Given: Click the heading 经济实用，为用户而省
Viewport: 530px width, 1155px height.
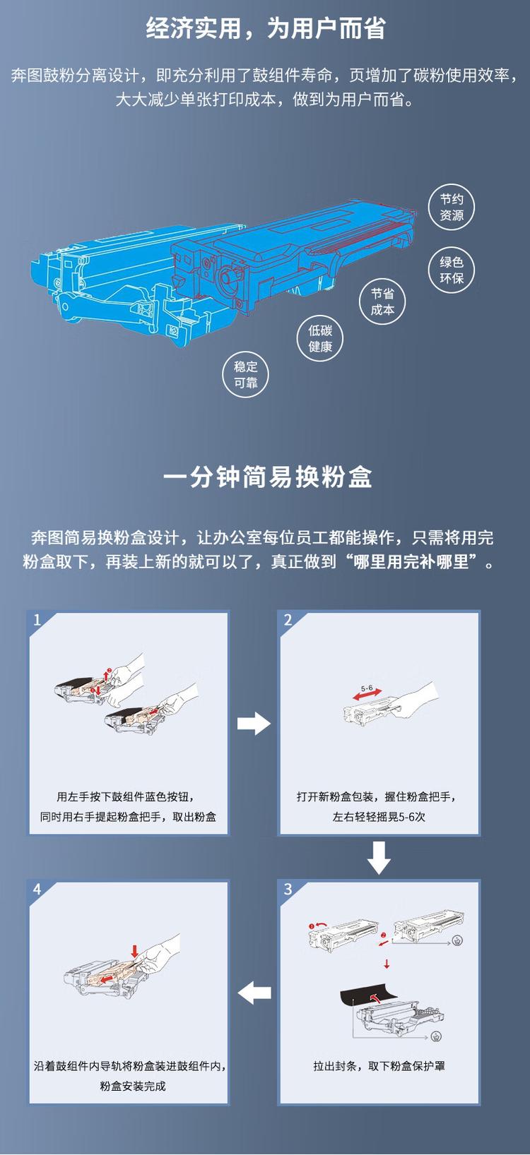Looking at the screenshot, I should click(x=265, y=30).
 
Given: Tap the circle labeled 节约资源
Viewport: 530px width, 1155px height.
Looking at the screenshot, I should click(x=452, y=208).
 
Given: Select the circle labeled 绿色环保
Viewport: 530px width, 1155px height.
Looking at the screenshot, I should click(x=452, y=270).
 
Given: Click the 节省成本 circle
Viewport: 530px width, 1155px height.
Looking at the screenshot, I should click(x=382, y=302).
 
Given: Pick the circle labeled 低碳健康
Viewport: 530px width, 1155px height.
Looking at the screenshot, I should click(x=320, y=339).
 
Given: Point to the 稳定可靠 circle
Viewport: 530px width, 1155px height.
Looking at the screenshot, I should click(x=246, y=375).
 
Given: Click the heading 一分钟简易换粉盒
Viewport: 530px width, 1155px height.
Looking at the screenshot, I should click(x=267, y=477).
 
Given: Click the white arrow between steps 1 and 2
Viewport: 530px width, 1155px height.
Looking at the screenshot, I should click(x=254, y=724).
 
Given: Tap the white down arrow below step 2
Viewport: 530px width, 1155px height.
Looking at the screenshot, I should click(x=379, y=857).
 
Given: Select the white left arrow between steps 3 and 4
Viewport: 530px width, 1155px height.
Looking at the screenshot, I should click(x=254, y=993).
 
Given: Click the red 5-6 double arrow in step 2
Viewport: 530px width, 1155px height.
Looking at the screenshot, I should click(x=368, y=695).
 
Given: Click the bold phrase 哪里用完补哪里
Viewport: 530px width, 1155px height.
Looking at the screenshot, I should click(x=413, y=563).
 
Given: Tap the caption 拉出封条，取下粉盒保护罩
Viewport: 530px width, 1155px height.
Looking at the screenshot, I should click(x=379, y=1066).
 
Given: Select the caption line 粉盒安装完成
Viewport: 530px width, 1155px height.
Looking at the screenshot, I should click(x=133, y=1086).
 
